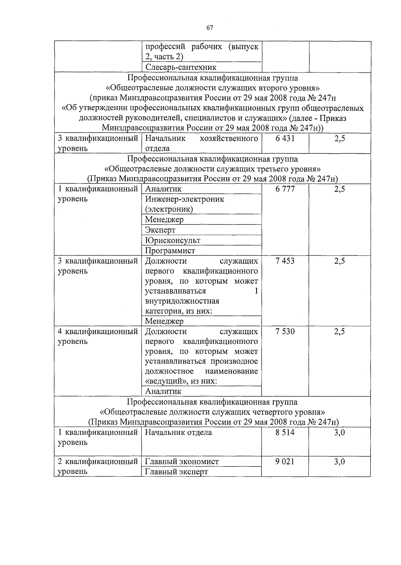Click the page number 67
coord(210,28)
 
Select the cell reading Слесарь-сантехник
coord(181,67)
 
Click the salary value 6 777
coord(285,189)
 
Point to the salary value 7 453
coord(285,261)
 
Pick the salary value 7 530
coord(285,332)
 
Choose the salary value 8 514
coord(285,433)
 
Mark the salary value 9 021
coord(285,462)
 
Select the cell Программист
coord(170,251)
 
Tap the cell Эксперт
coord(160,230)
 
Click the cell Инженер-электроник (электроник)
coord(184,204)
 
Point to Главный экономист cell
coord(182,462)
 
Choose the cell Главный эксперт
coord(176,472)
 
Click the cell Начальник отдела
coord(178,433)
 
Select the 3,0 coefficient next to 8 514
coord(340,433)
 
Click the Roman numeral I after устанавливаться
coord(256,291)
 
